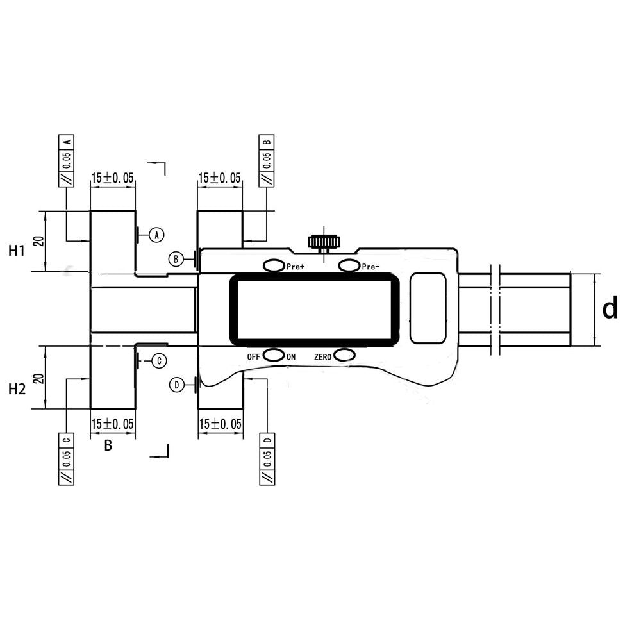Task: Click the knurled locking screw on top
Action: [324, 242]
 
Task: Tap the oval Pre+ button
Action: [274, 265]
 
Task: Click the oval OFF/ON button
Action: [274, 356]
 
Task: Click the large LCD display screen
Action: [314, 310]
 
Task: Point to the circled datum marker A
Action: [156, 235]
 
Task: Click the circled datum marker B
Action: [176, 259]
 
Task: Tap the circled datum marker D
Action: [176, 385]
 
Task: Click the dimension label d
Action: [610, 309]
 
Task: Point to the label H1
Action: [17, 251]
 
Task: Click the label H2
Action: [17, 388]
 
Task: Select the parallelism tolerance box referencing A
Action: [67, 160]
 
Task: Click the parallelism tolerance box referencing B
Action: [266, 160]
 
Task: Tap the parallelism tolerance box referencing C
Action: [67, 459]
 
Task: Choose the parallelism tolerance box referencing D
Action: [267, 459]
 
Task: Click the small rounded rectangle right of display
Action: [429, 308]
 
